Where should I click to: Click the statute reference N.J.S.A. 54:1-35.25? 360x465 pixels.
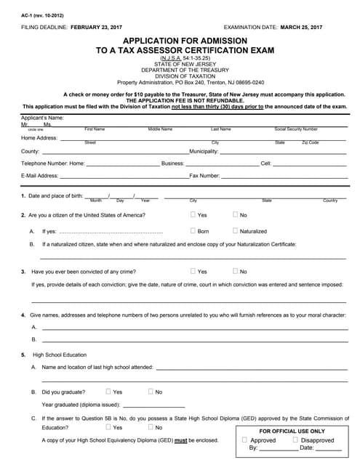[x=180, y=57]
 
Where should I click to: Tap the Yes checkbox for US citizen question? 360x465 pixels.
[x=193, y=214]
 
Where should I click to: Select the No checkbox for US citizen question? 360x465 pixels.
[x=235, y=214]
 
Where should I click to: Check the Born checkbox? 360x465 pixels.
[x=193, y=230]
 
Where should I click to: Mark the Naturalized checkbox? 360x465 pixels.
[x=235, y=230]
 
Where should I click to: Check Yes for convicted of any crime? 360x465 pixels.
[x=193, y=271]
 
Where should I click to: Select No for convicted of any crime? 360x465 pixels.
[x=235, y=271]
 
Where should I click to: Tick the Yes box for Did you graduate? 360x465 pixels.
[x=108, y=391]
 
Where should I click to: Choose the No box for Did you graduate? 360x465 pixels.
[x=151, y=391]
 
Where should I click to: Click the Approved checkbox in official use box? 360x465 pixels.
[x=245, y=440]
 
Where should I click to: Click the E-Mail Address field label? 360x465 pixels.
[x=40, y=176]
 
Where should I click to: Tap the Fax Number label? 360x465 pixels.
[x=204, y=176]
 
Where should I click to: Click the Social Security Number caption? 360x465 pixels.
[x=296, y=129]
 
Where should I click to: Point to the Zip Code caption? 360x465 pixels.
[x=311, y=142]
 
